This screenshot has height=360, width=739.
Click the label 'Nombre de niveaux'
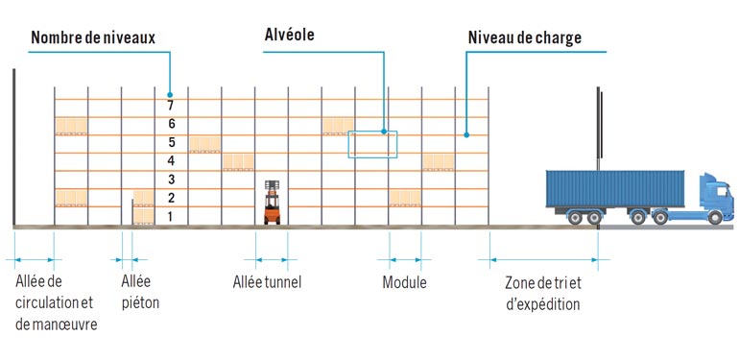pyautogui.click(x=93, y=38)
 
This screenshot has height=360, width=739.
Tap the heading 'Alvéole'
pyautogui.click(x=290, y=35)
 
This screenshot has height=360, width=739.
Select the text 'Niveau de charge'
pyautogui.click(x=524, y=38)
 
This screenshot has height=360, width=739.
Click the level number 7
pyautogui.click(x=171, y=107)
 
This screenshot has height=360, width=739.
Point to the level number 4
pyautogui.click(x=171, y=161)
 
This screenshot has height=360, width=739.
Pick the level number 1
pyautogui.click(x=171, y=217)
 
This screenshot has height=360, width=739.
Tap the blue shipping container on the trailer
pyautogui.click(x=615, y=188)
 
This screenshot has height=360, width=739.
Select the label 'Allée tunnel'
pyautogui.click(x=267, y=282)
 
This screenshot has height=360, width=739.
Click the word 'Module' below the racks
pyautogui.click(x=404, y=282)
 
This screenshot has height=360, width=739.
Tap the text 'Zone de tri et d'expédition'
pyautogui.click(x=543, y=293)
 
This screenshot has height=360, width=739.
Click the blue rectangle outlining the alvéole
pyautogui.click(x=372, y=144)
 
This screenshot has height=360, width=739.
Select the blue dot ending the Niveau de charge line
pyautogui.click(x=466, y=134)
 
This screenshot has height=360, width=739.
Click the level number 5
pyautogui.click(x=171, y=143)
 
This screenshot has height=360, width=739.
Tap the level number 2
pyautogui.click(x=171, y=198)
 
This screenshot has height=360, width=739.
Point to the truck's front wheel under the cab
pyautogui.click(x=713, y=218)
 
